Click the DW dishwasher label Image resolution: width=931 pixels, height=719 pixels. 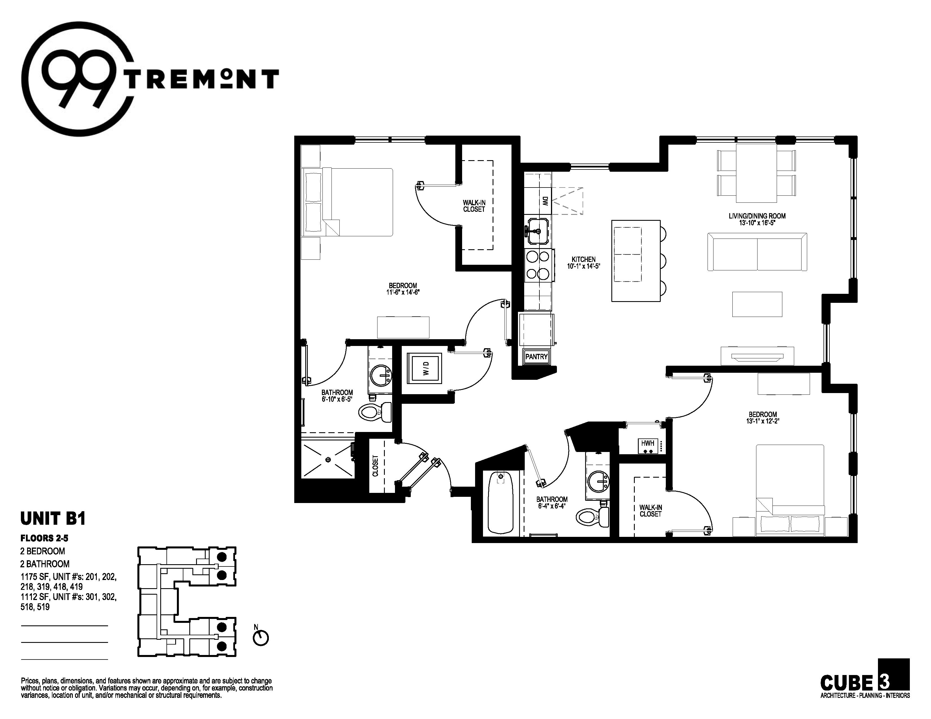[x=544, y=201]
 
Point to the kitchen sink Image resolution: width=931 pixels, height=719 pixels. [x=538, y=231]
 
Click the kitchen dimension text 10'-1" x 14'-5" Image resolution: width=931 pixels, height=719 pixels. [x=584, y=266]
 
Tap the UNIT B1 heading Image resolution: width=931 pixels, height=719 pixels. [x=53, y=518]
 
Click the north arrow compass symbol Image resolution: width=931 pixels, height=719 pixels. [x=261, y=638]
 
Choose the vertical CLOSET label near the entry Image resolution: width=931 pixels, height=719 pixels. [x=376, y=466]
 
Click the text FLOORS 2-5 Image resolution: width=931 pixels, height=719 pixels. [x=44, y=538]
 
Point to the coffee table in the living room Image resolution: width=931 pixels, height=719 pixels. [x=757, y=304]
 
